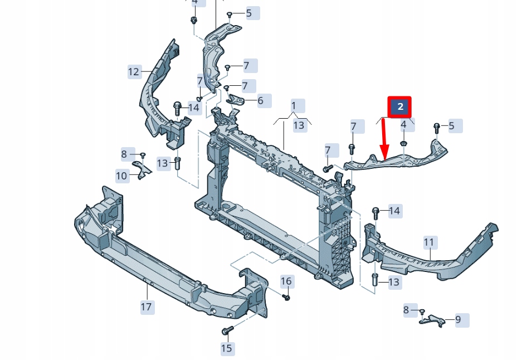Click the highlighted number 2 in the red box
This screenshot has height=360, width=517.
(x=399, y=106)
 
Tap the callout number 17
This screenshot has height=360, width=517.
(x=146, y=307)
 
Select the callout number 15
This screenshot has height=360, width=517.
(x=226, y=348)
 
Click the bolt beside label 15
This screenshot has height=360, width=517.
(x=226, y=331)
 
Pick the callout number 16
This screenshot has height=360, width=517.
(x=286, y=281)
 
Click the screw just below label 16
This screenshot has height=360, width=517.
(x=286, y=297)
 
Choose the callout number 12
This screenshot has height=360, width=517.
(x=134, y=71)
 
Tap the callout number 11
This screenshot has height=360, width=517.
(x=428, y=242)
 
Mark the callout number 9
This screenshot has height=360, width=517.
(x=458, y=320)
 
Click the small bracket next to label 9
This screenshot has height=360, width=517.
(x=433, y=320)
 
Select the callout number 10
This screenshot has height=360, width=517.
(x=121, y=176)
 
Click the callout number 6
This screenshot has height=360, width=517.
(x=260, y=101)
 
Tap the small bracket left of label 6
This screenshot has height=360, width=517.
(x=237, y=100)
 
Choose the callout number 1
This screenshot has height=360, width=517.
(x=294, y=105)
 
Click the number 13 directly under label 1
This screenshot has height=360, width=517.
(x=299, y=125)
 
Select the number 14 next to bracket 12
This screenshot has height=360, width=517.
(x=193, y=108)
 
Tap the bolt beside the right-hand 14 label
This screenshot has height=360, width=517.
(x=375, y=212)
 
